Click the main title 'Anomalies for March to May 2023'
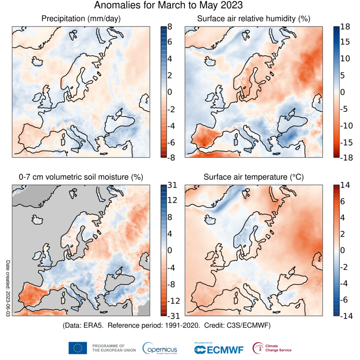tap(168, 6)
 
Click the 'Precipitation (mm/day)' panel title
tap(81, 19)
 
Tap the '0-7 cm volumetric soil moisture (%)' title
tap(81, 177)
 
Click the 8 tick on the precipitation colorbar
tap(170, 27)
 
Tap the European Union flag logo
tap(78, 348)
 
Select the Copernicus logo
tap(159, 348)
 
